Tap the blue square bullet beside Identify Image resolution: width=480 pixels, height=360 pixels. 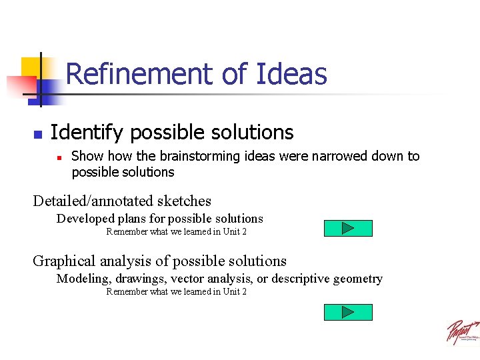(x=38, y=134)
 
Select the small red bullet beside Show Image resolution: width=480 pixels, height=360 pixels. (x=59, y=158)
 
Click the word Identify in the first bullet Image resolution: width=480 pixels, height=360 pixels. (x=87, y=133)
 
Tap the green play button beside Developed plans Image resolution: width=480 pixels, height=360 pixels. (x=348, y=229)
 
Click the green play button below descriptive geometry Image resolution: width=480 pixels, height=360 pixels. (x=348, y=312)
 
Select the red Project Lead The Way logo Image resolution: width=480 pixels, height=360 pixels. (x=462, y=331)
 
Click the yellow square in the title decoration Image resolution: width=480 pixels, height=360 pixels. (x=31, y=67)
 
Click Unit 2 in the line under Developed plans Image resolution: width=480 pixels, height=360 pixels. (x=235, y=232)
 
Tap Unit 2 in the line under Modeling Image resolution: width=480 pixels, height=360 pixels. (x=235, y=292)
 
